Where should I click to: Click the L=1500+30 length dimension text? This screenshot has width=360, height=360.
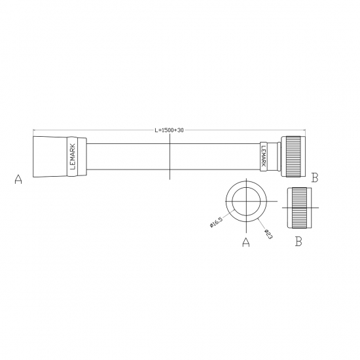point(169,130)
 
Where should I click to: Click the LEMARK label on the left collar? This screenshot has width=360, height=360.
point(73,157)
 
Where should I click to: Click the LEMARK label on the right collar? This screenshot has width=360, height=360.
point(264,157)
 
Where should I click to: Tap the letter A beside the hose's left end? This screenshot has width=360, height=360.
point(18,179)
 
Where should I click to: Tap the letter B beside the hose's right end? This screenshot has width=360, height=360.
point(315,177)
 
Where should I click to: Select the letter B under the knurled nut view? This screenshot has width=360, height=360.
point(298,242)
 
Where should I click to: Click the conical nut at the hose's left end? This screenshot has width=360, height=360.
point(49,157)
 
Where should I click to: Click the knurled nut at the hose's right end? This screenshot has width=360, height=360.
point(291,157)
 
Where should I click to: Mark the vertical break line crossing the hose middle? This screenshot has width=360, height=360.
point(169,164)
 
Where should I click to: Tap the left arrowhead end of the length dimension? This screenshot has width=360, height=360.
point(33,130)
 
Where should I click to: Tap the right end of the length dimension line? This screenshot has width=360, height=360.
point(300,130)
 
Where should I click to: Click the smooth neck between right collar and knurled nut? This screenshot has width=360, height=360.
point(276,157)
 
